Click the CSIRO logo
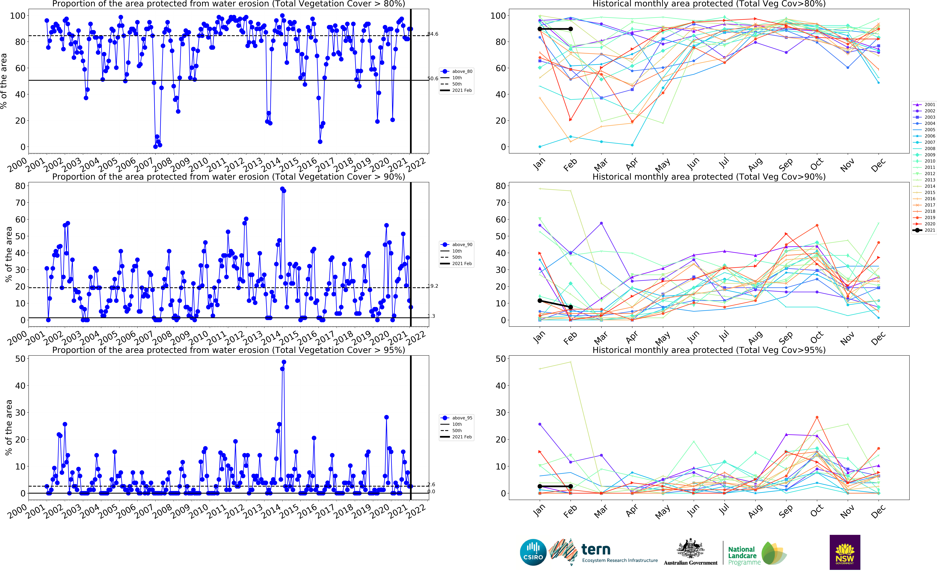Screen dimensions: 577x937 click(533, 552)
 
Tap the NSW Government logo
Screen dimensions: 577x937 click(845, 552)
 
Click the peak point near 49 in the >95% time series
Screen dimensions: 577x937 click(284, 362)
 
